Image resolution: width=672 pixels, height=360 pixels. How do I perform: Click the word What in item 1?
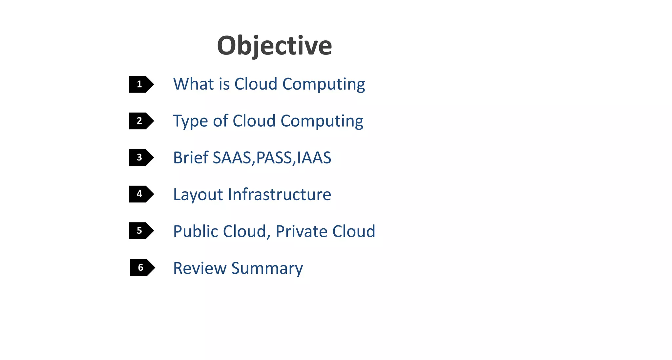coord(193,84)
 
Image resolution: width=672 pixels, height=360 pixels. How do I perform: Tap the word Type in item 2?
coord(190,121)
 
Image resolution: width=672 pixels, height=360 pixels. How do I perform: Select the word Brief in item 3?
coord(191,158)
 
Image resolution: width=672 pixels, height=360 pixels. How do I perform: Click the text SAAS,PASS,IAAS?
coord(272,158)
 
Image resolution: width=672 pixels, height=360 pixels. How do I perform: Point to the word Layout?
coord(198,195)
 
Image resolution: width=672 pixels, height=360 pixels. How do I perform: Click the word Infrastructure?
coord(280,194)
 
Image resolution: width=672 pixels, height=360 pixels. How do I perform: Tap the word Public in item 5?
coord(196,231)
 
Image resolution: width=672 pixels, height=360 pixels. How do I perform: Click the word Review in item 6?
coord(199,268)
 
